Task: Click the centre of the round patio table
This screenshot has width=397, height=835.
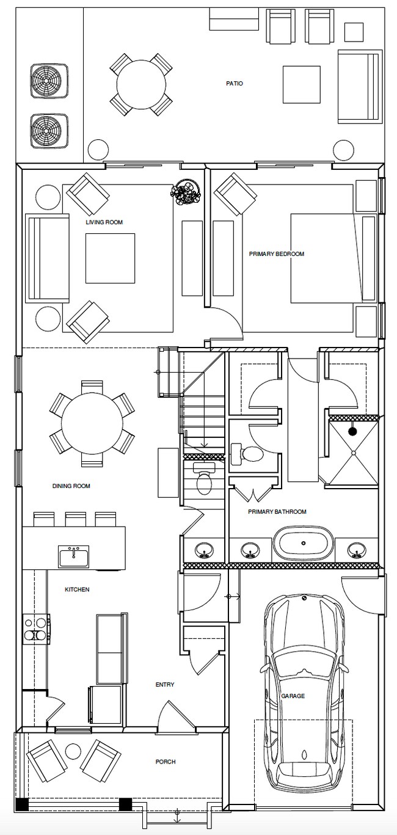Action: pyautogui.click(x=141, y=84)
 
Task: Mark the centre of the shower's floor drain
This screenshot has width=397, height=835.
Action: pyautogui.click(x=352, y=452)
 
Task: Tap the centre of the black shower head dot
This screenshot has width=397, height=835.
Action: pyautogui.click(x=352, y=432)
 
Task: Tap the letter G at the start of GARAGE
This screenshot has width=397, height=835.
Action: pyautogui.click(x=283, y=696)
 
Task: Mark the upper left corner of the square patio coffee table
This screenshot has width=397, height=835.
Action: pyautogui.click(x=283, y=67)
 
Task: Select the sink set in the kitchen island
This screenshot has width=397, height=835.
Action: pyautogui.click(x=74, y=557)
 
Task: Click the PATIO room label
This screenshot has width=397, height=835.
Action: pyautogui.click(x=235, y=84)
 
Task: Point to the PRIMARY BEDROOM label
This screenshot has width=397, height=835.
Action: pyautogui.click(x=277, y=254)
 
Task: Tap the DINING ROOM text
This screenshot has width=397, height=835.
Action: pyautogui.click(x=71, y=486)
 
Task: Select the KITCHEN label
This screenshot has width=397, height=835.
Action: pyautogui.click(x=77, y=589)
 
